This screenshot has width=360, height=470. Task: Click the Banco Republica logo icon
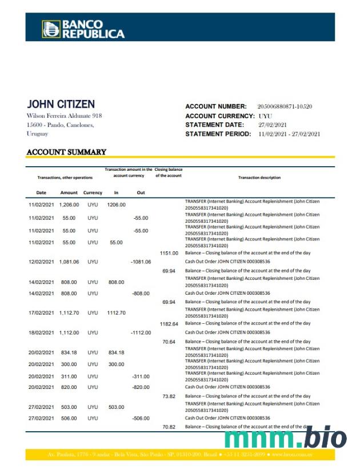click(x=50, y=29)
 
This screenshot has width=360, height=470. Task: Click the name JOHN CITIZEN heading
click(x=61, y=105)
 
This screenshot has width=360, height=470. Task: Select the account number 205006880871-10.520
click(x=285, y=107)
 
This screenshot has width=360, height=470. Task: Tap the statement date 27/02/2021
click(x=272, y=125)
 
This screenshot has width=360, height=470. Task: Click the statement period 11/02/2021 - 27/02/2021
click(x=289, y=134)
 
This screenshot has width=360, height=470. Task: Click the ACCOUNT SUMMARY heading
click(x=66, y=152)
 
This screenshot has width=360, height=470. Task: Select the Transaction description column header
click(x=259, y=178)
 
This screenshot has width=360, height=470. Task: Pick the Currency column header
click(x=93, y=192)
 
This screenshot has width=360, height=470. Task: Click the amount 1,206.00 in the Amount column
click(x=69, y=204)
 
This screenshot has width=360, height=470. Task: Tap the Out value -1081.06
click(x=141, y=262)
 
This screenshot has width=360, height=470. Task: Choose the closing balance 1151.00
click(x=169, y=253)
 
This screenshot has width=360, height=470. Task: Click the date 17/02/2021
click(x=41, y=313)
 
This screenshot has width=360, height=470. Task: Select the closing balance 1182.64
click(x=169, y=324)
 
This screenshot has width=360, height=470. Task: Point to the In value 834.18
click(x=116, y=352)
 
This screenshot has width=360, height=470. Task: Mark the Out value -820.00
click(x=141, y=387)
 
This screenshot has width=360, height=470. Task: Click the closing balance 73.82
click(x=169, y=396)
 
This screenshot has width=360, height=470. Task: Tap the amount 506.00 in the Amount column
click(x=69, y=418)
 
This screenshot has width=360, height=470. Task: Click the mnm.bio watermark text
click(x=285, y=439)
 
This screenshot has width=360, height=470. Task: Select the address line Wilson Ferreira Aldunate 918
click(x=64, y=116)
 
